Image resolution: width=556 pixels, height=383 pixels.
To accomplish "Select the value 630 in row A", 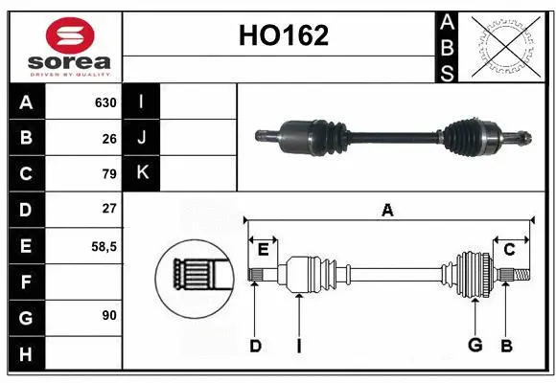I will [x=105, y=102].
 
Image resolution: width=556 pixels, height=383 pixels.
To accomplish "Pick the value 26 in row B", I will [x=109, y=138].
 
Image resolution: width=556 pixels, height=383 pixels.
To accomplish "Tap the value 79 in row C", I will [x=109, y=174].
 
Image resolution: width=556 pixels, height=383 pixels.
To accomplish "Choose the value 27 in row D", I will [x=109, y=208].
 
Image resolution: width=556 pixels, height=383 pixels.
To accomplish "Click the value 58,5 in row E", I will [x=105, y=246].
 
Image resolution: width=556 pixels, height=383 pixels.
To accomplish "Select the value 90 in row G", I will [x=109, y=314].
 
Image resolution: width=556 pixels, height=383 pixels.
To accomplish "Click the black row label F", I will [x=25, y=282].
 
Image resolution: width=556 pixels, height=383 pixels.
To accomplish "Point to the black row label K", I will [x=142, y=172].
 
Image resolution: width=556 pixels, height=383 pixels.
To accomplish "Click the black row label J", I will [x=142, y=137].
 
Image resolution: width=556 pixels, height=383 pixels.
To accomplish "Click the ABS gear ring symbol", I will [x=505, y=46].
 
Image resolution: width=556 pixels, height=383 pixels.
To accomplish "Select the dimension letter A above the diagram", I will [x=387, y=210].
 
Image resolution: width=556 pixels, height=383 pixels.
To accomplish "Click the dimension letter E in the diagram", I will [x=263, y=250].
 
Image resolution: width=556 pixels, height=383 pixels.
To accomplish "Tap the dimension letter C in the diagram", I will [x=510, y=250].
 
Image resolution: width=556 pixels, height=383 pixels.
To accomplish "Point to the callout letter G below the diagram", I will [x=475, y=346].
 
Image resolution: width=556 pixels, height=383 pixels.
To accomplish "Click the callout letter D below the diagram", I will [x=255, y=346].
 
